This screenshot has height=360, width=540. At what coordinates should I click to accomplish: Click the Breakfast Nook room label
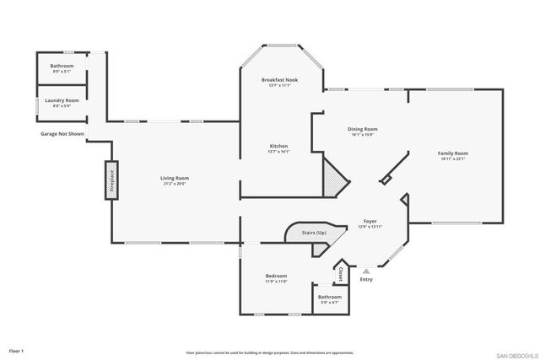coord(278,82)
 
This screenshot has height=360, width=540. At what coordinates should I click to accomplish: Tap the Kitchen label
coord(278,148)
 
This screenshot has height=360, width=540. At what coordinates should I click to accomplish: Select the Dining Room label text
coord(361,132)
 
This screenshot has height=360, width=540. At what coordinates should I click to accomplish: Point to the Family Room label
coord(452,155)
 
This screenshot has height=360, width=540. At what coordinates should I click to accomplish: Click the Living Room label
coord(175,180)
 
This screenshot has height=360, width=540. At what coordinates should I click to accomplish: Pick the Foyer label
coord(370,223)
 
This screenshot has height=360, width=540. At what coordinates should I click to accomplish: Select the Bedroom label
coord(277,278)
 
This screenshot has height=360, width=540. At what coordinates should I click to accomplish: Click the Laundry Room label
coord(62,102)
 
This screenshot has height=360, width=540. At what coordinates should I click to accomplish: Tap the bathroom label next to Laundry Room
coord(62,67)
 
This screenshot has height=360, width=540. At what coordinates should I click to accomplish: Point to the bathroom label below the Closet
coord(330,298)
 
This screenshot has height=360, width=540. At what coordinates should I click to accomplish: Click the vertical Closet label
coord(340,274)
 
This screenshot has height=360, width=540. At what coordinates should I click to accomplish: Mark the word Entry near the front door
coord(366,280)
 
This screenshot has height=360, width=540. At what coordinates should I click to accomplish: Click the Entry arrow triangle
coord(365,271)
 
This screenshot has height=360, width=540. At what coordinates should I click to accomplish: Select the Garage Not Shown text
coord(62,134)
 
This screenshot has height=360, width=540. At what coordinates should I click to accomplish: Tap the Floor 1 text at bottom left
coord(17,350)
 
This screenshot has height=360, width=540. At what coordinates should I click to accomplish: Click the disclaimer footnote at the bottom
coord(270,352)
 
